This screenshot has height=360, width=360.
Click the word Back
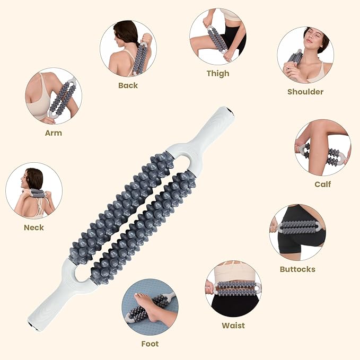128,85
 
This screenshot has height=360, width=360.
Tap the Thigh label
218,74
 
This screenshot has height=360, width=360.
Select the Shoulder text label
305,92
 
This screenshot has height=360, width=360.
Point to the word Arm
53,133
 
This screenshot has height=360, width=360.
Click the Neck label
34,227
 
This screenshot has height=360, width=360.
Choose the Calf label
322,185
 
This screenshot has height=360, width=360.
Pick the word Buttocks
297,269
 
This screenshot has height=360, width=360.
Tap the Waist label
233,326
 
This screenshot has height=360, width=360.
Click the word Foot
150,344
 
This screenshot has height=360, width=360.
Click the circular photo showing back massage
128,49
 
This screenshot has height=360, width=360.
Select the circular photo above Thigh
217,37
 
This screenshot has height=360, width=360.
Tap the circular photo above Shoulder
305,55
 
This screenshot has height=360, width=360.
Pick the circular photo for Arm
53,96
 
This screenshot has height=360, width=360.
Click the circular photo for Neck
34,190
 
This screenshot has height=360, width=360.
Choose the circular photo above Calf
322,148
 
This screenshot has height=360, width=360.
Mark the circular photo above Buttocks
297,232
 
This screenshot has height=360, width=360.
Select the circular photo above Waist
233,289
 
